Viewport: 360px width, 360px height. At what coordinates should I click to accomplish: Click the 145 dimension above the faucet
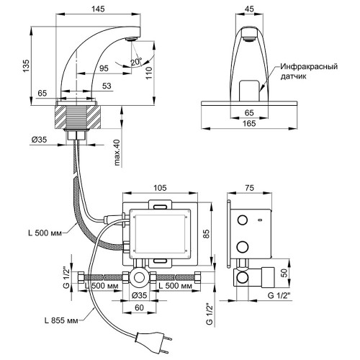tap(98, 9)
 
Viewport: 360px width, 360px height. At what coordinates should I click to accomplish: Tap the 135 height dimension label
tap(26, 66)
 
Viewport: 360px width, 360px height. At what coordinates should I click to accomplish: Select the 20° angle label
tap(136, 62)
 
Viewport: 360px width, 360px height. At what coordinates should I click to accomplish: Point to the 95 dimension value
tap(104, 68)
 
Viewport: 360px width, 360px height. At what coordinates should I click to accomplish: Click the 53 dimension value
tap(107, 86)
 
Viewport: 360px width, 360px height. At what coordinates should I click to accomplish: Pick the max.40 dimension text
tap(117, 153)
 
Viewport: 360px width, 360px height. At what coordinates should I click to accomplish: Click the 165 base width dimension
tap(249, 123)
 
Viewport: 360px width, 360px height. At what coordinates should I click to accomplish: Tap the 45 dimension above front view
tap(250, 9)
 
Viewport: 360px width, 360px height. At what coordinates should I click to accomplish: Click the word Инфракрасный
tap(309, 66)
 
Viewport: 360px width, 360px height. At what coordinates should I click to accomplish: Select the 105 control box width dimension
tap(160, 188)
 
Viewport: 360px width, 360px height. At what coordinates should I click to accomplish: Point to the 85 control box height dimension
tap(206, 233)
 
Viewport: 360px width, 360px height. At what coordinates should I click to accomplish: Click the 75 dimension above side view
tap(250, 188)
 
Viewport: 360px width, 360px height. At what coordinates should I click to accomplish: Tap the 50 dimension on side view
tap(284, 273)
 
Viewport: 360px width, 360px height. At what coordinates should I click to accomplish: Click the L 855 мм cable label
tap(61, 320)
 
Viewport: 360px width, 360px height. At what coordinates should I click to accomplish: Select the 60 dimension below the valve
tap(139, 307)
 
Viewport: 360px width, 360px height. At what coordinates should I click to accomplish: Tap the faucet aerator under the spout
tap(132, 39)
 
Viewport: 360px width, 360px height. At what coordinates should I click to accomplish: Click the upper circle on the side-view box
tap(243, 220)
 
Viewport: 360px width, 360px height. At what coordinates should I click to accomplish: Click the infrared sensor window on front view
tap(250, 91)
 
